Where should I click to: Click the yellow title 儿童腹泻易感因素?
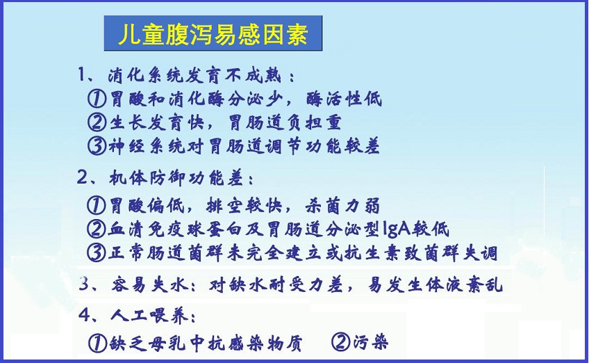click(213, 34)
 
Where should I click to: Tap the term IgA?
click(395, 229)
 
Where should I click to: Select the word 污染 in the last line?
click(370, 342)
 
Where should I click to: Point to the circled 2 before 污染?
click(340, 342)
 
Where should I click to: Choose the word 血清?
click(125, 229)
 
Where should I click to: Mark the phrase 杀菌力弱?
click(342, 206)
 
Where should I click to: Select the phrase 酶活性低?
click(344, 99)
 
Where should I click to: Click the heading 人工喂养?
click(149, 315)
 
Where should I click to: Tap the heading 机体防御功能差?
click(176, 178)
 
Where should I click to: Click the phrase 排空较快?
click(244, 206)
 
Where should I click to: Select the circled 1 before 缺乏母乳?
click(97, 343)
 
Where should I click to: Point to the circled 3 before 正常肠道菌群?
click(96, 253)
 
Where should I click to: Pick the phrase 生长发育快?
click(157, 122)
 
